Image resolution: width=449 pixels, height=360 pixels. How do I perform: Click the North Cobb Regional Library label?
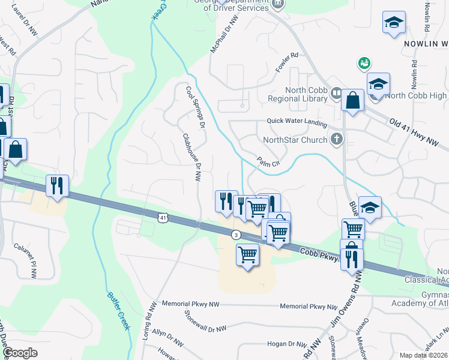click(306, 94)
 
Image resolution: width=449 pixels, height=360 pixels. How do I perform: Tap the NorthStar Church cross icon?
click(337, 140)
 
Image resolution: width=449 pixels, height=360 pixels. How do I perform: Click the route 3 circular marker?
click(237, 235)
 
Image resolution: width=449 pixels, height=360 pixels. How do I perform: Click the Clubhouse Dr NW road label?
click(191, 157)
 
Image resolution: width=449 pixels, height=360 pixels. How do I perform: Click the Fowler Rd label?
click(288, 64)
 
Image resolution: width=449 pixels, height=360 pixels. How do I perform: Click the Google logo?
click(20, 353)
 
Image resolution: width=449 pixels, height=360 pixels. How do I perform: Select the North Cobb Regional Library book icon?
click(336, 94)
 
